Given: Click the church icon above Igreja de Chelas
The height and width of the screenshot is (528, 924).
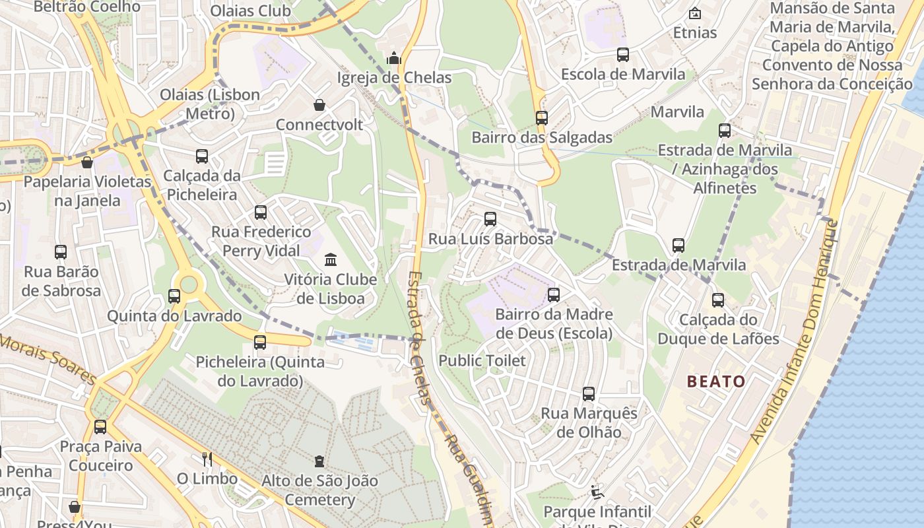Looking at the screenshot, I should [394, 58].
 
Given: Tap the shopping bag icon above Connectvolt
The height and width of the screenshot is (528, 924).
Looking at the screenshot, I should [319, 105].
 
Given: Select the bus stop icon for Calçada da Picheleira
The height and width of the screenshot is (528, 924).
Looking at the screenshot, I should [202, 156].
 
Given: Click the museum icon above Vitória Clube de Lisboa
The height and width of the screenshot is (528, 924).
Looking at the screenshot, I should [331, 259].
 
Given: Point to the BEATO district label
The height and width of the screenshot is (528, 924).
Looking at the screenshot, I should [716, 381].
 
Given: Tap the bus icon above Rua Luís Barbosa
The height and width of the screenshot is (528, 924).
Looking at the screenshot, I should [490, 219].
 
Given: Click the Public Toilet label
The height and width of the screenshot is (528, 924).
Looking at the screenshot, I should [482, 360].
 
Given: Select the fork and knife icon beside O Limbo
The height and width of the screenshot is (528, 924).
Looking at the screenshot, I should [207, 459].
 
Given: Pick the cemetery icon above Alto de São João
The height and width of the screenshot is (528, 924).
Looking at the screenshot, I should [320, 461].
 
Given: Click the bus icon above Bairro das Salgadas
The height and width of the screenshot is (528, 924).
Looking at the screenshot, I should [542, 118].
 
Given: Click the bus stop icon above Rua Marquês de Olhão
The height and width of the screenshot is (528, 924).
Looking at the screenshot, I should [589, 394].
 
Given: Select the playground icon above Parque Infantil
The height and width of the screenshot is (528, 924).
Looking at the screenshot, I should [597, 492].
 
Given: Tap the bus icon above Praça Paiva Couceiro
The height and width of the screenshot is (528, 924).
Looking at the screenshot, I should [100, 427].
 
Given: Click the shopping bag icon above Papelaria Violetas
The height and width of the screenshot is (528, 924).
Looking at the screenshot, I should [86, 162].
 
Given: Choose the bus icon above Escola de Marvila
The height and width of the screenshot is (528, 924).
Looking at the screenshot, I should [623, 55].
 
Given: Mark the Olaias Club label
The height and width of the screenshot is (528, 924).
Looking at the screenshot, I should [250, 11].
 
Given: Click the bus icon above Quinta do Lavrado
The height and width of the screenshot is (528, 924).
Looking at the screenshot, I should [174, 296].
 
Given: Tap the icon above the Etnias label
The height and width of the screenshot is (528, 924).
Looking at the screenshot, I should [694, 13].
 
